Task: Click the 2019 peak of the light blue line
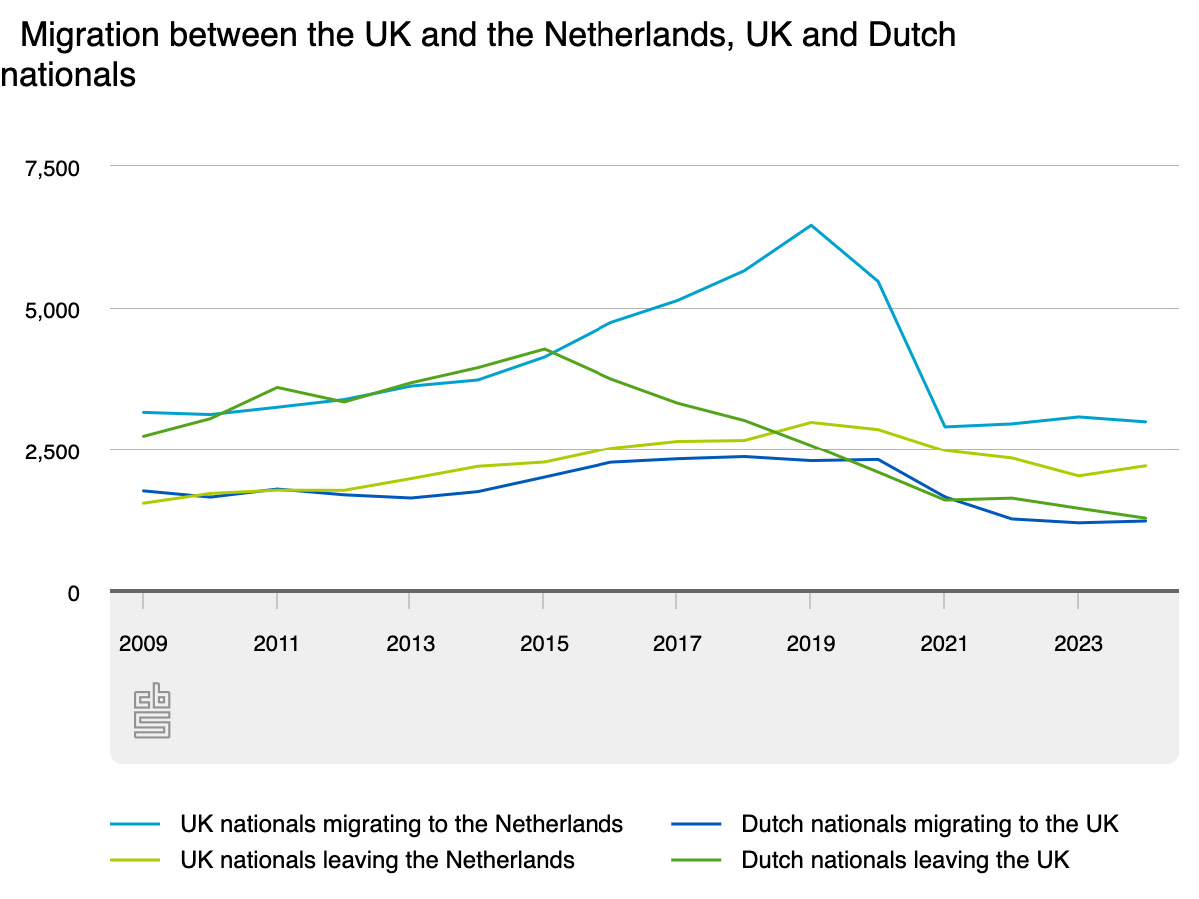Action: [x=811, y=225]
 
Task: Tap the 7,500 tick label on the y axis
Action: [x=52, y=167]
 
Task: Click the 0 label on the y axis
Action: [x=71, y=593]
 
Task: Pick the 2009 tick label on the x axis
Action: [x=143, y=644]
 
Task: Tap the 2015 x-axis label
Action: [x=544, y=644]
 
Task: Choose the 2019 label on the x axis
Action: [x=811, y=644]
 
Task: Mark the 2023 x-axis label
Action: [x=1078, y=644]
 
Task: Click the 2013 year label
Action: [x=410, y=644]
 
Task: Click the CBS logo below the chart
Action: [x=152, y=712]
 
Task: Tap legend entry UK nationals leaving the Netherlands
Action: [x=377, y=860]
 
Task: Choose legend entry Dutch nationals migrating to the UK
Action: [x=929, y=824]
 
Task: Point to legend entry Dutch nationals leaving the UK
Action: [x=905, y=860]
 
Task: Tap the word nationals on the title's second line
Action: [x=68, y=75]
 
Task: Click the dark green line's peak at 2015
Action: [x=544, y=349]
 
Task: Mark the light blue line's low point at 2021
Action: [x=944, y=427]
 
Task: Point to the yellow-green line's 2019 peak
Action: [x=811, y=422]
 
